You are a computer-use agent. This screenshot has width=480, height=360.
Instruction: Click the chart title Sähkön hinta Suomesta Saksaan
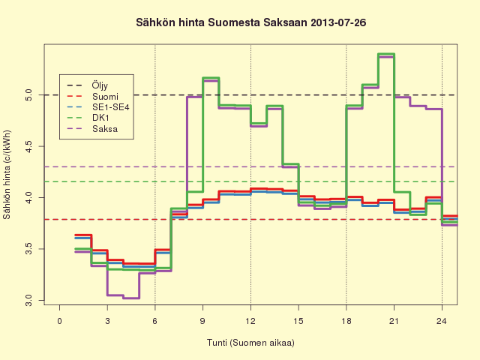221,22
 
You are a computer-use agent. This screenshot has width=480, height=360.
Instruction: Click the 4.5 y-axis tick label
28,146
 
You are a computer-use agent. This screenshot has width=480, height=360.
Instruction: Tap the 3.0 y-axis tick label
28,300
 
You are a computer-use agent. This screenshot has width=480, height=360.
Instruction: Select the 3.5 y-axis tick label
28,249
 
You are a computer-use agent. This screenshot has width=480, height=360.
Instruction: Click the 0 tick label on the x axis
59,321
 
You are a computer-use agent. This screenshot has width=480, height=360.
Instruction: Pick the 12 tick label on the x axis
250,321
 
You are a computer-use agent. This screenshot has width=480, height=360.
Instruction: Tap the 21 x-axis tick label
394,321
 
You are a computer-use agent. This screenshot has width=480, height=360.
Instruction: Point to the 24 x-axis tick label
442,321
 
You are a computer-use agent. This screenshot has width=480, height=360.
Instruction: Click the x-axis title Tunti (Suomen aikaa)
250,343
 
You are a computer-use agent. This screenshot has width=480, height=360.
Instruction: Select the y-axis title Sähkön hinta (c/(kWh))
7,175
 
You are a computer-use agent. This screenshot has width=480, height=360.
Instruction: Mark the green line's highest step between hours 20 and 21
386,54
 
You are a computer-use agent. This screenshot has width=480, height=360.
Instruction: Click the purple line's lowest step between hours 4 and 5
131,298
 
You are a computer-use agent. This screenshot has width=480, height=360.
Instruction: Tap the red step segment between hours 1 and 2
83,235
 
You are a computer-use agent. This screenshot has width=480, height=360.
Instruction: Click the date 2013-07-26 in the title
338,22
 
